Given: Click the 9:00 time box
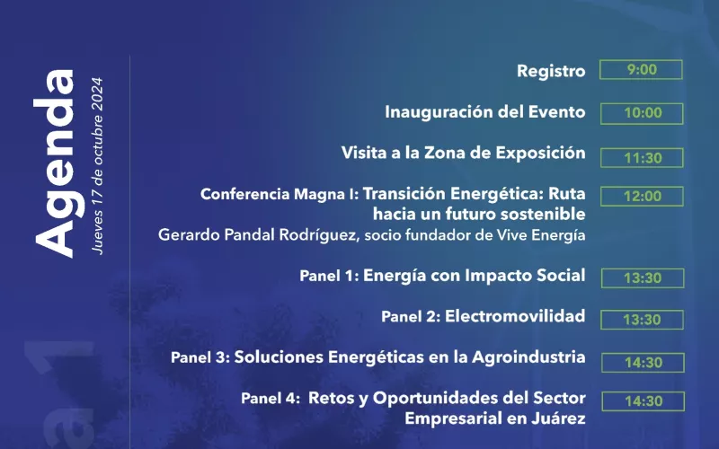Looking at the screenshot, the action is (641, 70).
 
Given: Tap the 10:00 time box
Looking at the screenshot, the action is (642, 113).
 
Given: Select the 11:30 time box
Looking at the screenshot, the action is (642, 158).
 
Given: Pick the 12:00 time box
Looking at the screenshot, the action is (642, 196).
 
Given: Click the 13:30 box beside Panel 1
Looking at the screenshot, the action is (643, 278).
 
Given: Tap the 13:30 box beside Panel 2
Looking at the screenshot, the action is (642, 320).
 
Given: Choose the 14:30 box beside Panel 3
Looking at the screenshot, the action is (643, 363).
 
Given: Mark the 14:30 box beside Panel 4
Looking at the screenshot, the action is (644, 401).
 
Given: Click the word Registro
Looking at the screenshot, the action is (551, 72).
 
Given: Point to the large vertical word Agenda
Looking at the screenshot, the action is (55, 163).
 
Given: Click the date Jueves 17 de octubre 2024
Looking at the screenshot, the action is (97, 166).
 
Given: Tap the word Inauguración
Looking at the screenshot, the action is (439, 112).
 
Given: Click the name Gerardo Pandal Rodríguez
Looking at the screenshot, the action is (258, 235).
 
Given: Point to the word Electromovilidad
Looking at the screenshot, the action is (515, 316).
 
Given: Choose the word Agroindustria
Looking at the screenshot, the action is (528, 357).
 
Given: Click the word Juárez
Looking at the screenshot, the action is (559, 418).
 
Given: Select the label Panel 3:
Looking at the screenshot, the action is (200, 357).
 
